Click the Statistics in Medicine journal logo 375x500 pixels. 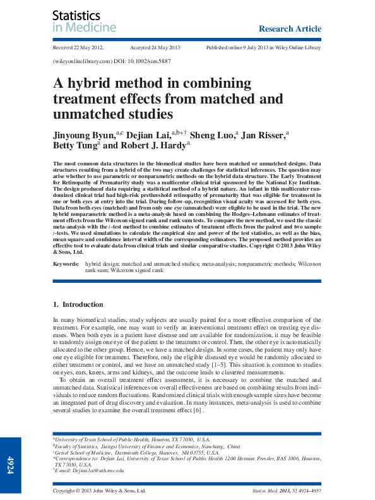[84, 21]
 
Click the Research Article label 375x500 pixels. [290, 29]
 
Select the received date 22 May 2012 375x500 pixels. [78, 48]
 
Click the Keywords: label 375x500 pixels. [66, 262]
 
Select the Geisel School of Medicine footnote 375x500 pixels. [136, 453]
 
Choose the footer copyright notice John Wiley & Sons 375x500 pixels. [99, 491]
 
